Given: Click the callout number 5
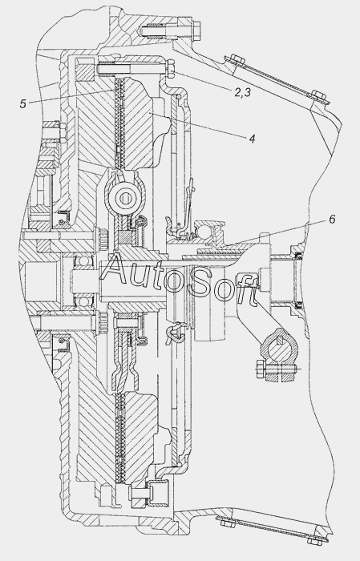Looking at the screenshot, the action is point(23,103).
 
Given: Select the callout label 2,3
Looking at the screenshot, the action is point(243,92).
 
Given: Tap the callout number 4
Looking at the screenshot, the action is point(252,139).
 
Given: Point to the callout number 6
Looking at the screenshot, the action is point(332,219).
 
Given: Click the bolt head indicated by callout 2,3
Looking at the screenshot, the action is point(170,67).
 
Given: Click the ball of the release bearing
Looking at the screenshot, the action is point(201,228).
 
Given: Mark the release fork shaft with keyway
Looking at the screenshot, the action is point(279,347).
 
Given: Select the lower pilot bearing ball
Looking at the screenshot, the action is point(83,302).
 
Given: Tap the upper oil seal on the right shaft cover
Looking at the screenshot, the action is point(297,256).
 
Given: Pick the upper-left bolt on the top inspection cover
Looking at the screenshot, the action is point(235,59).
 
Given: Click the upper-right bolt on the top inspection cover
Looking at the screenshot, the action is point(318,95).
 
